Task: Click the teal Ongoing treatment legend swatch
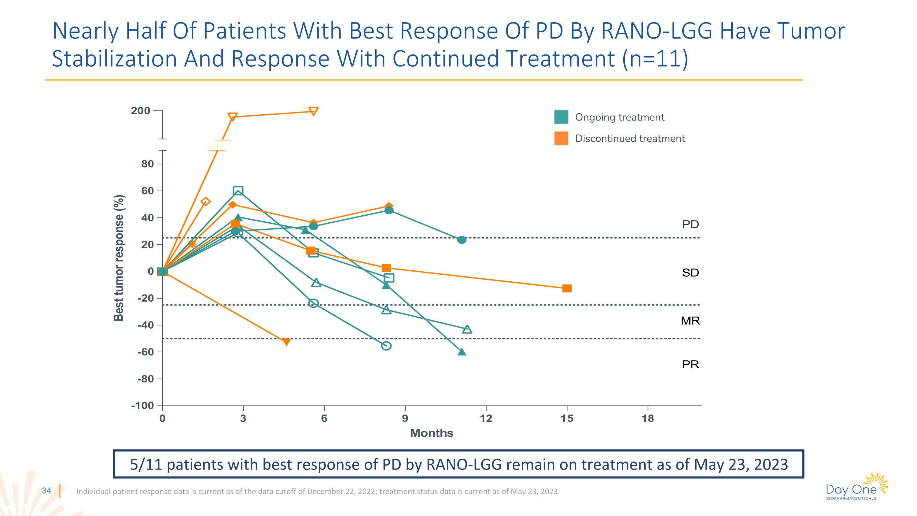pyautogui.click(x=561, y=117)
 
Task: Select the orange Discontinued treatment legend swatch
pyautogui.click(x=561, y=138)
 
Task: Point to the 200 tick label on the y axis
pyautogui.click(x=140, y=111)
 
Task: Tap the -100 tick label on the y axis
pyautogui.click(x=142, y=406)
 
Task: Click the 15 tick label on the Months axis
pyautogui.click(x=567, y=418)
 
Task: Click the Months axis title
pyautogui.click(x=431, y=433)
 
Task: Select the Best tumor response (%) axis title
pyautogui.click(x=119, y=258)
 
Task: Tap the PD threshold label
pyautogui.click(x=690, y=224)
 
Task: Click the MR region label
pyautogui.click(x=690, y=321)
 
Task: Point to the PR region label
pyautogui.click(x=690, y=364)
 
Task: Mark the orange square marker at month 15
pyautogui.click(x=567, y=288)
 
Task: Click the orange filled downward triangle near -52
pyautogui.click(x=286, y=342)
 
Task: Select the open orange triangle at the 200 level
pyautogui.click(x=313, y=111)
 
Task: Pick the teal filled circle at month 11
pyautogui.click(x=462, y=240)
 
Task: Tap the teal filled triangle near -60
pyautogui.click(x=462, y=352)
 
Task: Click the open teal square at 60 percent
pyautogui.click(x=238, y=191)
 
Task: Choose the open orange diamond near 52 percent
pyautogui.click(x=205, y=202)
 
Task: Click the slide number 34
pyautogui.click(x=47, y=491)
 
